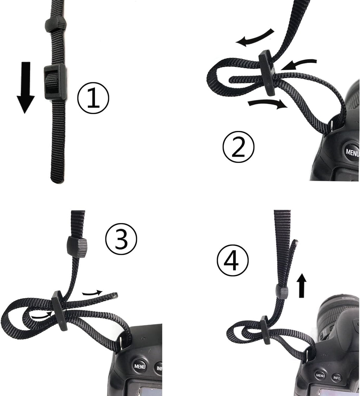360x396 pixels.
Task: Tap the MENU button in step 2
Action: (352, 152)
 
